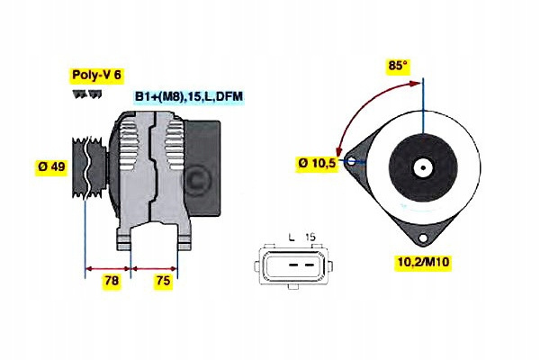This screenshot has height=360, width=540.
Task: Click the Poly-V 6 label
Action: (x=96, y=76)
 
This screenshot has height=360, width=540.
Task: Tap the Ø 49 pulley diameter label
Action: (x=51, y=166)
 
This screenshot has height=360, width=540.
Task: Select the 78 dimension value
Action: (x=112, y=282)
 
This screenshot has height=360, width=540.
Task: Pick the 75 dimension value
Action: (x=164, y=282)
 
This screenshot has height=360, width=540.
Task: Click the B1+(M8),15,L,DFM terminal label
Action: (x=189, y=96)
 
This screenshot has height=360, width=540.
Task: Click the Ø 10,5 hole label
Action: (x=317, y=163)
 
